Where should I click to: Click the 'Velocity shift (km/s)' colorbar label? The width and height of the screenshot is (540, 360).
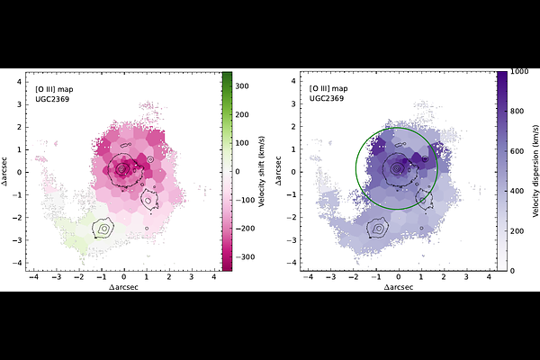[261, 170]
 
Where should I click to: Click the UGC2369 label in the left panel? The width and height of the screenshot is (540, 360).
[50, 97]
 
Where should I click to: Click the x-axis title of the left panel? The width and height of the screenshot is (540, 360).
[124, 287]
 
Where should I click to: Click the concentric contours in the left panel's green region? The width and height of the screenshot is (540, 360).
[105, 229]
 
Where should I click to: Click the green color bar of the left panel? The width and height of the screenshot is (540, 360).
[228, 170]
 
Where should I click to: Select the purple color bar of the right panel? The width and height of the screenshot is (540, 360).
[501, 170]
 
